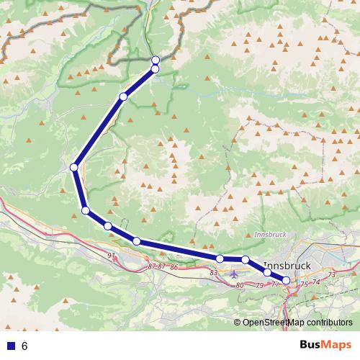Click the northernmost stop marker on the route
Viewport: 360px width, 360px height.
pyautogui.click(x=156, y=60)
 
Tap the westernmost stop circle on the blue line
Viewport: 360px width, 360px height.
pyautogui.click(x=74, y=167)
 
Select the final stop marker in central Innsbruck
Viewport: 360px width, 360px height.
pyautogui.click(x=286, y=280)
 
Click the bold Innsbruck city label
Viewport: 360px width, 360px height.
pyautogui.click(x=287, y=264)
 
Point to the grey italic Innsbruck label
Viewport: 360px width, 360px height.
pyautogui.click(x=270, y=235)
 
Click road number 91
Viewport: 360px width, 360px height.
pyautogui.click(x=110, y=256)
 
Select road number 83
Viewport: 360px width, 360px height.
pyautogui.click(x=213, y=273)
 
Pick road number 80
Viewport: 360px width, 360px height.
pyautogui.click(x=240, y=286)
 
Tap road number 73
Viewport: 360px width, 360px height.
pyautogui.click(x=331, y=275)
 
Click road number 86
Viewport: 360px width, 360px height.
pyautogui.click(x=174, y=267)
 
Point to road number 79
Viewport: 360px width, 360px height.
pyautogui.click(x=259, y=286)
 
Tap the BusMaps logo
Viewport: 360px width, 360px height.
pyautogui.click(x=321, y=346)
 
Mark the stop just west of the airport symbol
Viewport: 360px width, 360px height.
pyautogui.click(x=220, y=258)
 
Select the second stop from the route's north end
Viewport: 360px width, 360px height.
pyautogui.click(x=156, y=68)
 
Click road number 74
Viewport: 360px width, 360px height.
pyautogui.click(x=316, y=282)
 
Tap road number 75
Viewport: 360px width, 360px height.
pyautogui.click(x=304, y=284)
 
